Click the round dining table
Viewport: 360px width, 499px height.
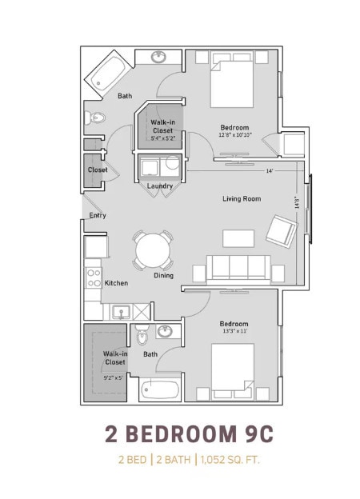pyautogui.click(x=152, y=251)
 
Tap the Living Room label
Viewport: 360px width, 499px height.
pyautogui.click(x=242, y=198)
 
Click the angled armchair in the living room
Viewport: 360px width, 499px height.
pyautogui.click(x=282, y=231)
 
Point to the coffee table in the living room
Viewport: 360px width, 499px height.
pyautogui.click(x=238, y=238)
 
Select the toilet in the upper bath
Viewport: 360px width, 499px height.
pyautogui.click(x=97, y=120)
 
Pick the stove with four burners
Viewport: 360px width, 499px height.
pyautogui.click(x=94, y=277)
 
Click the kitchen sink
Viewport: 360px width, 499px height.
pyautogui.click(x=122, y=311)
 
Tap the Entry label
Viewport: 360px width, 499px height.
pyautogui.click(x=98, y=215)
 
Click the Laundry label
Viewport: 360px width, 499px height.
pyautogui.click(x=160, y=186)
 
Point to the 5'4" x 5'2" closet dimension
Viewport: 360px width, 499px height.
pyautogui.click(x=163, y=138)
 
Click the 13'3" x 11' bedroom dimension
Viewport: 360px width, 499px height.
pyautogui.click(x=234, y=330)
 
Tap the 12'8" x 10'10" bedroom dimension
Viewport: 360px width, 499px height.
pyautogui.click(x=234, y=134)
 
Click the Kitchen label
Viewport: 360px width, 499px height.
pyautogui.click(x=116, y=283)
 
